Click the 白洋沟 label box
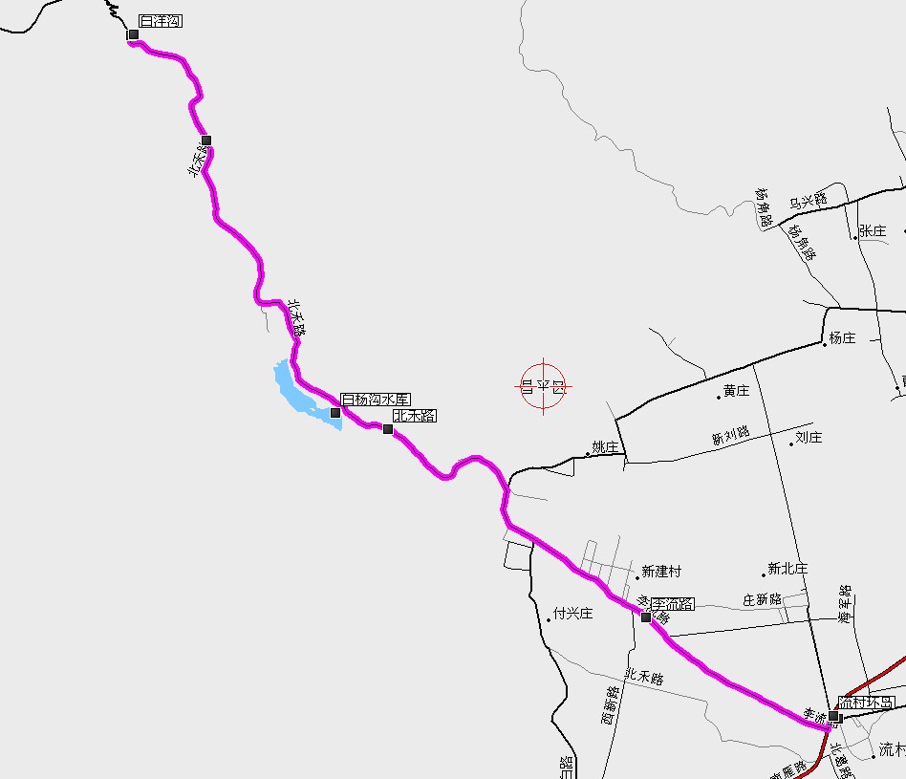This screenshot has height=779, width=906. pyautogui.click(x=160, y=21)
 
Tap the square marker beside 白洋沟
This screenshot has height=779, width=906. pyautogui.click(x=133, y=35)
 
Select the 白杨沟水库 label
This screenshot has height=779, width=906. pyautogui.click(x=376, y=400)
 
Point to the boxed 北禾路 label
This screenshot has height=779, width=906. pyautogui.click(x=414, y=416)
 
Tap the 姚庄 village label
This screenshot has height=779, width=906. pyautogui.click(x=606, y=447)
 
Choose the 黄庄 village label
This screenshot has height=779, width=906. pyautogui.click(x=736, y=391)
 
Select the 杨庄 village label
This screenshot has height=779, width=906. pyautogui.click(x=842, y=338)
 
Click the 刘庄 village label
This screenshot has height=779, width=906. pyautogui.click(x=809, y=438)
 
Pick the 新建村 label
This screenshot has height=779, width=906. pyautogui.click(x=661, y=572)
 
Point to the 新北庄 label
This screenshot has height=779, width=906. pyautogui.click(x=787, y=569)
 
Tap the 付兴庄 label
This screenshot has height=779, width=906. pyautogui.click(x=573, y=614)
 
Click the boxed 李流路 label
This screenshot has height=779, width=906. pyautogui.click(x=673, y=604)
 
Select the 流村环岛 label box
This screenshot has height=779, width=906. pyautogui.click(x=867, y=703)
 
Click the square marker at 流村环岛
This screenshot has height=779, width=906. pyautogui.click(x=834, y=716)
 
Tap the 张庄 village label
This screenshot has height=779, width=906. pyautogui.click(x=873, y=231)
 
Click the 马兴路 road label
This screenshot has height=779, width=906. pyautogui.click(x=808, y=201)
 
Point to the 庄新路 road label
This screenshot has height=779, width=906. pyautogui.click(x=762, y=599)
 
